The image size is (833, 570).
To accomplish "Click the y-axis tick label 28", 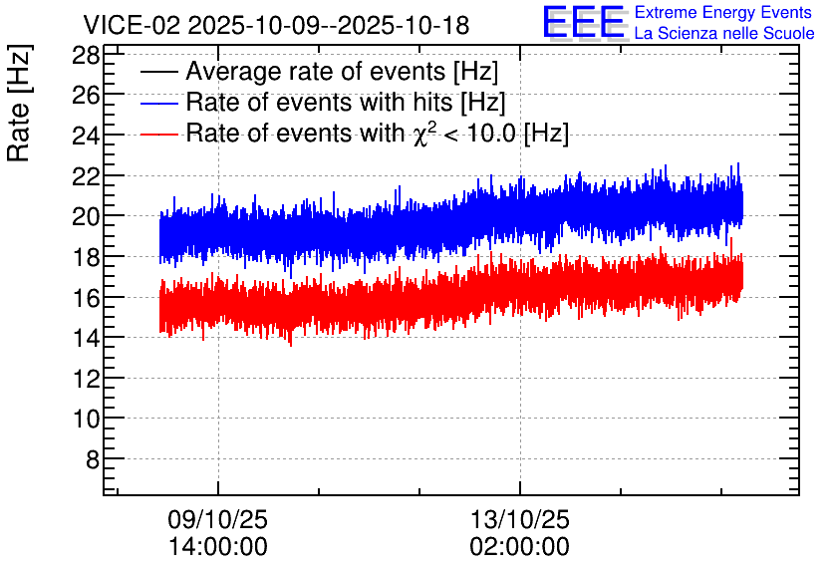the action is pyautogui.click(x=86, y=55).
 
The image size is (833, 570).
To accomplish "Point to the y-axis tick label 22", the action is pyautogui.click(x=86, y=176).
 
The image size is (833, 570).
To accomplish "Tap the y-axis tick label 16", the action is pyautogui.click(x=86, y=298).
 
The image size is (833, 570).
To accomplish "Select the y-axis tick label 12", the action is pyautogui.click(x=86, y=379).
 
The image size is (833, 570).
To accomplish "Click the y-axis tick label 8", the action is pyautogui.click(x=93, y=459).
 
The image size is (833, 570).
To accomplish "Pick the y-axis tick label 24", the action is pyautogui.click(x=86, y=136).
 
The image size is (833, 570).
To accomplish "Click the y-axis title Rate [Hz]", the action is pyautogui.click(x=19, y=103).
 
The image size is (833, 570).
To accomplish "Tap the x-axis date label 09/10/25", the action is pyautogui.click(x=218, y=519).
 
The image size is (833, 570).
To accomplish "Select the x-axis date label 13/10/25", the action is pyautogui.click(x=519, y=519).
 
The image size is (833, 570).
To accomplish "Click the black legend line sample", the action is pyautogui.click(x=158, y=72).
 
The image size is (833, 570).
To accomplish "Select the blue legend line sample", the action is pyautogui.click(x=158, y=103).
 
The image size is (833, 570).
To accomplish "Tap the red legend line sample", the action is pyautogui.click(x=158, y=134).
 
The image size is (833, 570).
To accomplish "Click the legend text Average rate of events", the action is pyautogui.click(x=316, y=71).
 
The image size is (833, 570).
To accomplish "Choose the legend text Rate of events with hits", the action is pyautogui.click(x=319, y=102).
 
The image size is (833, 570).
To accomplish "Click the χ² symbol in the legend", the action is pyautogui.click(x=421, y=134).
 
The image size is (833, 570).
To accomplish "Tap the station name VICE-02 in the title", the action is pyautogui.click(x=133, y=25).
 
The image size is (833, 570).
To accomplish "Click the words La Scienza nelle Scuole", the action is pyautogui.click(x=724, y=33).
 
